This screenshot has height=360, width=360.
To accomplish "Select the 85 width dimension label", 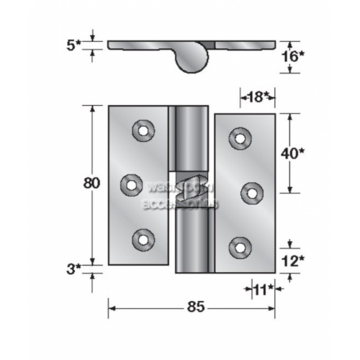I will tap(192, 307).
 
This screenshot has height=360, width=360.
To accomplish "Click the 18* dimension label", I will tap(256, 96).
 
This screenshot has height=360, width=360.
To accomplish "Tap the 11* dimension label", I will tap(264, 289).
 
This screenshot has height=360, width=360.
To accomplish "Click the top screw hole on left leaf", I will tap(143, 130).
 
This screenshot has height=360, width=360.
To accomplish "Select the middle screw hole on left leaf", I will tap(130, 184).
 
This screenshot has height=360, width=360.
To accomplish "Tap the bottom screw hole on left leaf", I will tap(143, 238).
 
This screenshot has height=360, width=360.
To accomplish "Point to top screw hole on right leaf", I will tap(239, 138).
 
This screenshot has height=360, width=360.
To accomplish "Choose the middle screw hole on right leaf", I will tap(252, 192).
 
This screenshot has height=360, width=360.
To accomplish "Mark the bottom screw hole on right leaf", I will tap(239, 246).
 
